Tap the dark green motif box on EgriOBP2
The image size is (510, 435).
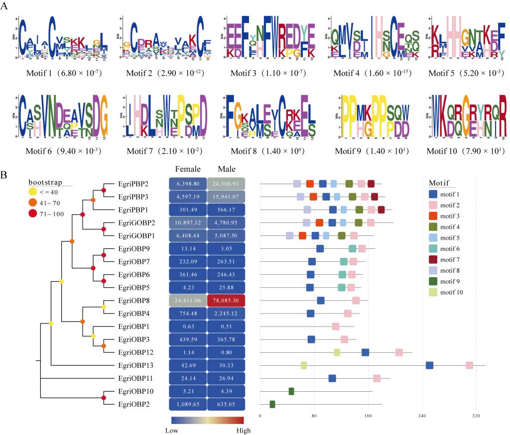point(272,404)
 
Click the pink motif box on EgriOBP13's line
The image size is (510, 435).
point(469,366)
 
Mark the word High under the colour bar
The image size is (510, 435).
point(243,430)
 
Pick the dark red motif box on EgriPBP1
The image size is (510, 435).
point(381,210)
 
